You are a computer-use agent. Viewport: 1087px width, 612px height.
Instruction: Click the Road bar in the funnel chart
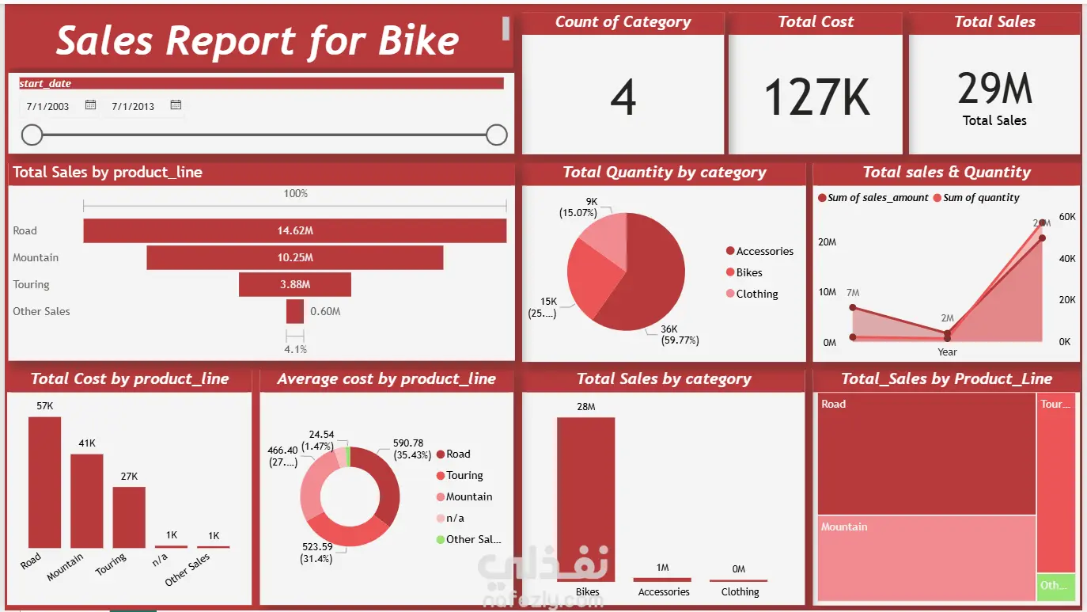[x=294, y=230]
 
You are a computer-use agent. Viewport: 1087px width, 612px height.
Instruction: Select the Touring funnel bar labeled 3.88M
[x=294, y=284]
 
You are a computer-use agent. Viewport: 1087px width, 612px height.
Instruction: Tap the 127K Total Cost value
[x=816, y=98]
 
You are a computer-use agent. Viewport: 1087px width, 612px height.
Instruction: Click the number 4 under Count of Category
[x=623, y=99]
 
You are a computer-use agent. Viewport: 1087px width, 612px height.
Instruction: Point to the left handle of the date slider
[x=32, y=135]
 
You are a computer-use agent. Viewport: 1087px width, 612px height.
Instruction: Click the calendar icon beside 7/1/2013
[x=176, y=105]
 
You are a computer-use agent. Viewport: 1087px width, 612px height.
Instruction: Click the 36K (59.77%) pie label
[x=680, y=335]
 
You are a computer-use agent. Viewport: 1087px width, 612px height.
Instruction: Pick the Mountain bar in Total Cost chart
[x=86, y=500]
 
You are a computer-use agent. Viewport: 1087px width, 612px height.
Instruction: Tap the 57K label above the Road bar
[x=44, y=406]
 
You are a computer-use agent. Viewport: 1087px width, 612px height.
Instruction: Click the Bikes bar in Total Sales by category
[x=585, y=499]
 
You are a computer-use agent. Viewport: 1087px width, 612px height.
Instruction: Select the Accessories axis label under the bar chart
[x=664, y=591]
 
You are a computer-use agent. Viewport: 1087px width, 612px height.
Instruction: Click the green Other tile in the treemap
[x=1055, y=586]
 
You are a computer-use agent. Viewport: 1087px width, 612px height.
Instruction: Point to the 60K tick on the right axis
[x=1066, y=217]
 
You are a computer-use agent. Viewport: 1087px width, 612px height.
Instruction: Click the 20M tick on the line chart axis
[x=827, y=242]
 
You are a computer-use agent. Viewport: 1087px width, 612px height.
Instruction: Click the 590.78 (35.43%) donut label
[x=408, y=449]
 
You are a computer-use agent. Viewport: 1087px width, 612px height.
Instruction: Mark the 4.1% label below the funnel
[x=295, y=349]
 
